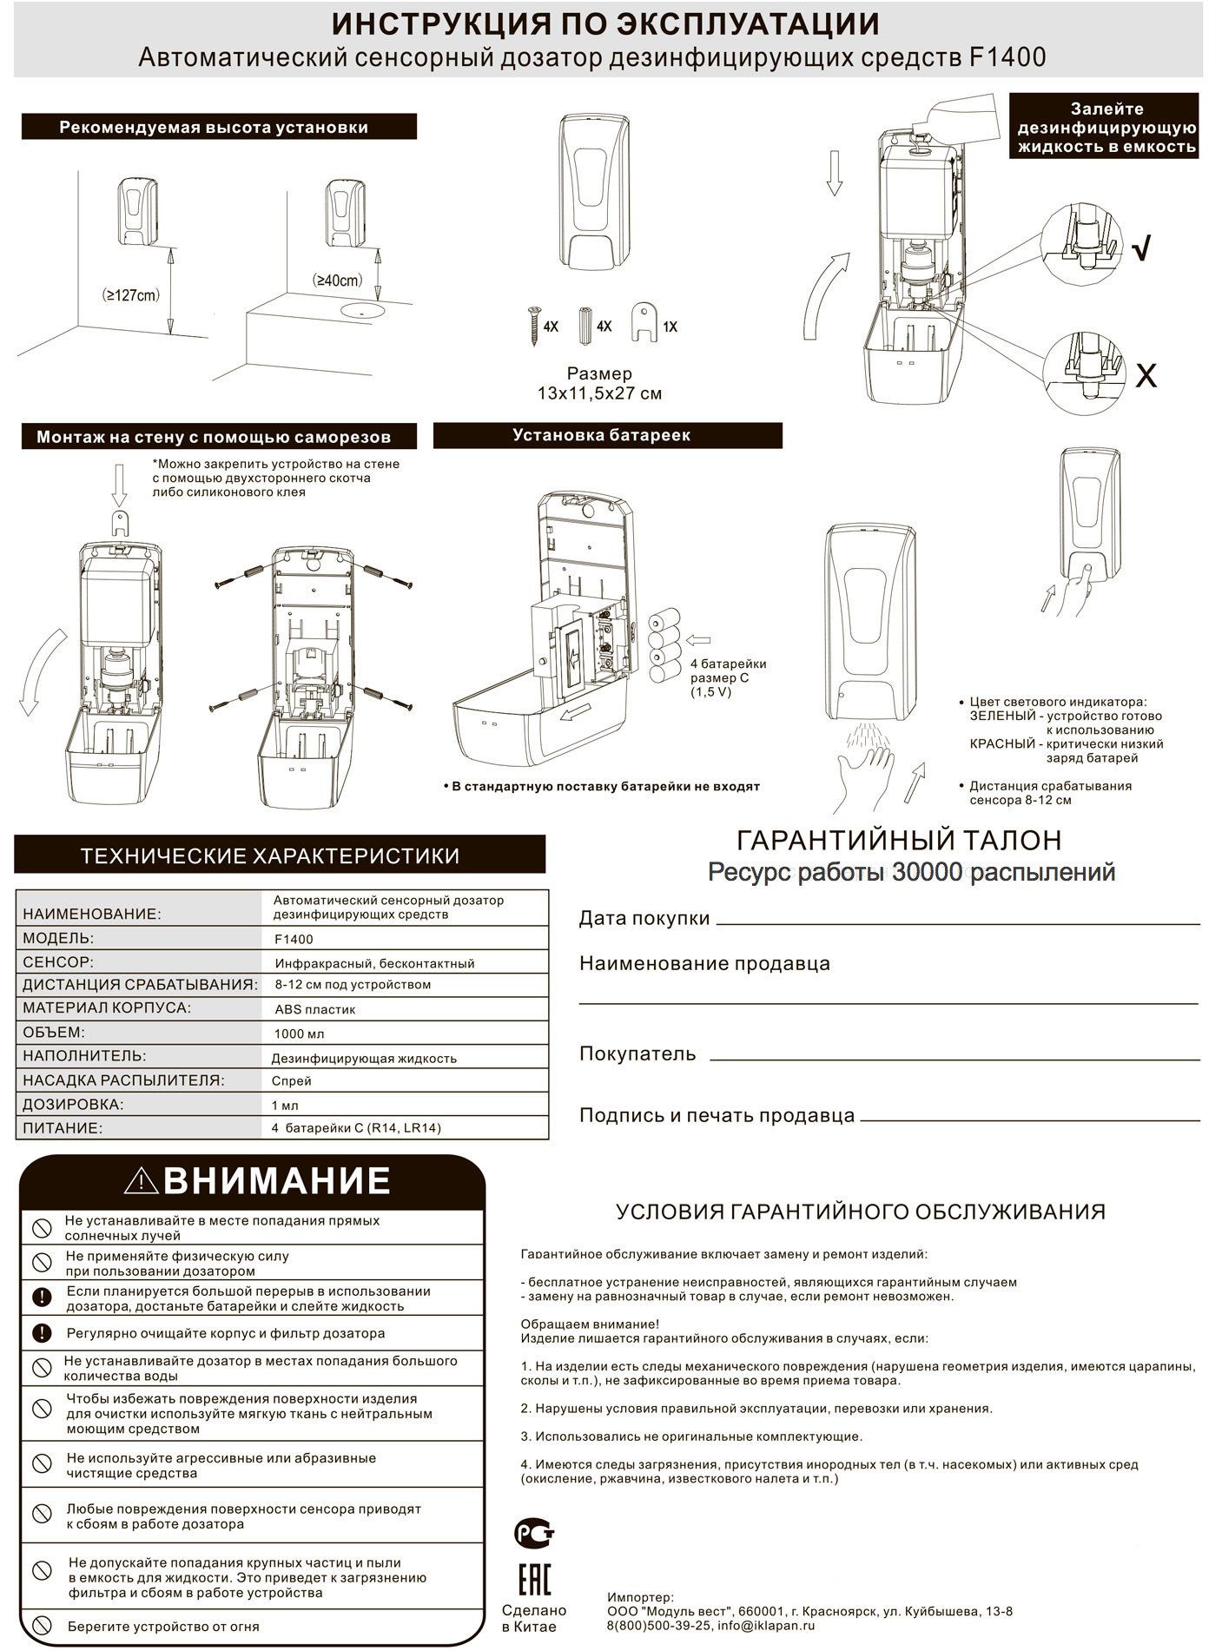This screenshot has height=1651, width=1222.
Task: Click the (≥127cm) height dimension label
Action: point(130,294)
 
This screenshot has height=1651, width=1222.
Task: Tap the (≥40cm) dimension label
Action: point(337,281)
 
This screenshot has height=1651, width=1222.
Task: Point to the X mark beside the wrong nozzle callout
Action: point(1146,376)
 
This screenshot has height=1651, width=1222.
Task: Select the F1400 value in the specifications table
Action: point(294,939)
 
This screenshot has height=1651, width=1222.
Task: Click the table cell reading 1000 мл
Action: point(300,1034)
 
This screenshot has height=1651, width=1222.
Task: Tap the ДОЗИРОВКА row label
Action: point(73,1105)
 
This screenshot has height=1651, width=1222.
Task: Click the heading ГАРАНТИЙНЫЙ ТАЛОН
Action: point(898,840)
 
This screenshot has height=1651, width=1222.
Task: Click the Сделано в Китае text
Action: point(533,1619)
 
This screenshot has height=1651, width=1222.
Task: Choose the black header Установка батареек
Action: point(607,435)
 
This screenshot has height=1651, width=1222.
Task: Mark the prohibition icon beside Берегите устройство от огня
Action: point(41,1626)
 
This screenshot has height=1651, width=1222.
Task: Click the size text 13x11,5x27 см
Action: point(599,393)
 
